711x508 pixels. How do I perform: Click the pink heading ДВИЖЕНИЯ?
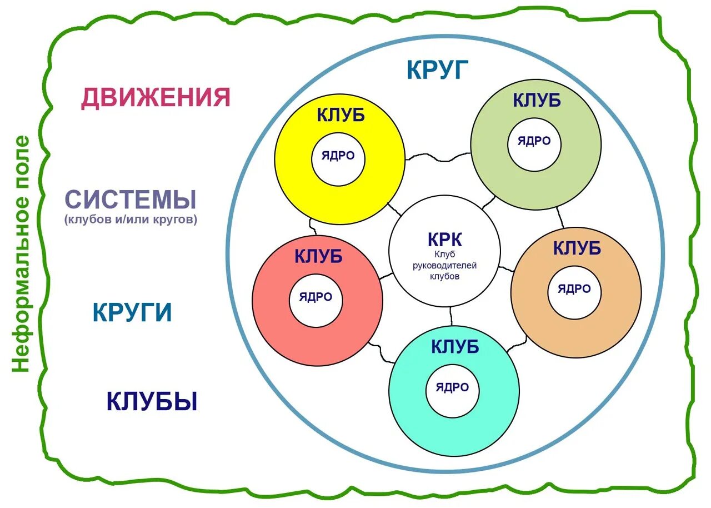(156, 97)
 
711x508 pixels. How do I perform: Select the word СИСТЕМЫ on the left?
(131, 200)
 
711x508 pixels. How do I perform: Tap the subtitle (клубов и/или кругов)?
(131, 220)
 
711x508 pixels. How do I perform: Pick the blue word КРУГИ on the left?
(132, 312)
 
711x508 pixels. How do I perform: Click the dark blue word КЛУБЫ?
(152, 401)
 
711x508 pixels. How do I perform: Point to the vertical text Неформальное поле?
(22, 253)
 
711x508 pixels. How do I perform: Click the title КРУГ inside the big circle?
(438, 70)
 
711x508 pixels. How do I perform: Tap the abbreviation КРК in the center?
(444, 240)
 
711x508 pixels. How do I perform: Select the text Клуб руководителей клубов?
(444, 265)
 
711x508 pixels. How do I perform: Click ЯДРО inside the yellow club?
(338, 156)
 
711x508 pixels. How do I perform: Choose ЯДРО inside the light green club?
(534, 141)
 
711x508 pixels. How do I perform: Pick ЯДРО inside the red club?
(316, 297)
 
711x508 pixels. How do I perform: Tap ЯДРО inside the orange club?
(574, 289)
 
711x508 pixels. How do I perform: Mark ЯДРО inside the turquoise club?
(452, 387)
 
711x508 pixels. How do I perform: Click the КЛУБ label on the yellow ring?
(341, 115)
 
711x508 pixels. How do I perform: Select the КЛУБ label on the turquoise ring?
(454, 346)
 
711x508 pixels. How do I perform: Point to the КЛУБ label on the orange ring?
(577, 248)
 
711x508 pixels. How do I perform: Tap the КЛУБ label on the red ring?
(318, 256)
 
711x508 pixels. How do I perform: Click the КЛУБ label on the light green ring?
(536, 100)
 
